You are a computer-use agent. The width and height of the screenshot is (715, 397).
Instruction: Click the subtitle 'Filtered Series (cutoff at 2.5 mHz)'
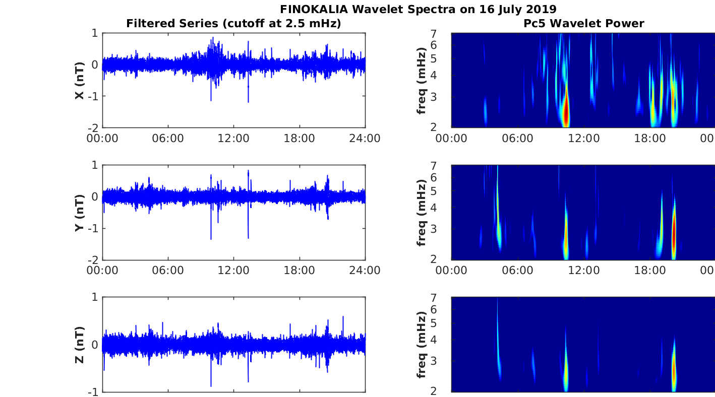233,23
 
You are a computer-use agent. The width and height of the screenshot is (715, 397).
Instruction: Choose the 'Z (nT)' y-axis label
80,345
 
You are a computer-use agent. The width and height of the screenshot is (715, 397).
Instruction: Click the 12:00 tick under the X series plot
233,138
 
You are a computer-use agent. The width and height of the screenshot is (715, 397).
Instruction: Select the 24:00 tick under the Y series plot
365,270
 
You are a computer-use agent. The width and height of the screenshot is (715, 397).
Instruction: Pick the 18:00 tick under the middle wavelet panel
650,270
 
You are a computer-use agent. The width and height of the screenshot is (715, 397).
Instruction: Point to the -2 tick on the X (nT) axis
94,127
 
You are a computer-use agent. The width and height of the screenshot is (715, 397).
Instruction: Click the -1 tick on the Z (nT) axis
94,391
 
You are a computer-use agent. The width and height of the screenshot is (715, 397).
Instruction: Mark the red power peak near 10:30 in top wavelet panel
566,113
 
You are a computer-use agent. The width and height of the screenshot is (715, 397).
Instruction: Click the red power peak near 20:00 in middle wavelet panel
674,237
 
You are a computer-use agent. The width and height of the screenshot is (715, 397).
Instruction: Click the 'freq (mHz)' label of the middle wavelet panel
422,213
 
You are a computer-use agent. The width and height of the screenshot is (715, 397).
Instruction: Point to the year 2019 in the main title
541,9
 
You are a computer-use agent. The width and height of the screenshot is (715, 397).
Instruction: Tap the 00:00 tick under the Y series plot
102,270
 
